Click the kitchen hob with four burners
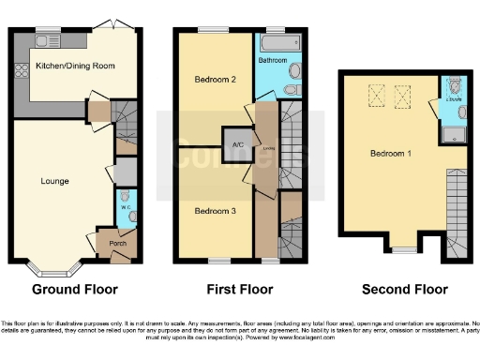[x=21, y=71]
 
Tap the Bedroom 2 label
[x=215, y=79]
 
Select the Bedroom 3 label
[x=215, y=211]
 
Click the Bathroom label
[x=274, y=60]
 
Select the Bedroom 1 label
[x=389, y=153]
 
